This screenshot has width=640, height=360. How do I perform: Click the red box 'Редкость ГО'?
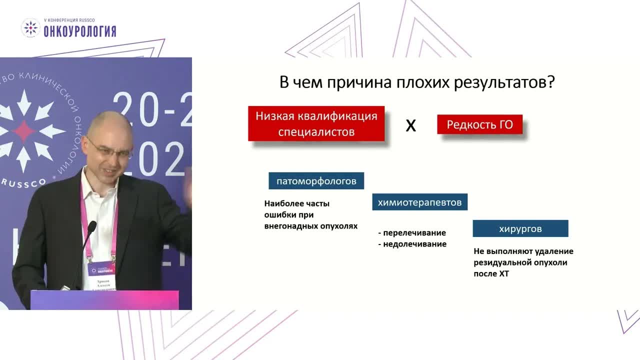tap(479, 124)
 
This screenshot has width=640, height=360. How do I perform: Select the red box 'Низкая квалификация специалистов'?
tap(316, 123)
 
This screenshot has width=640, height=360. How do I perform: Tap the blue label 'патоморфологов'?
tap(316, 181)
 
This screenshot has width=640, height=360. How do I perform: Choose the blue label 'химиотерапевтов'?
tap(419, 202)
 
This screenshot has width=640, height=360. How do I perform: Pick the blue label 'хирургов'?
tap(520, 229)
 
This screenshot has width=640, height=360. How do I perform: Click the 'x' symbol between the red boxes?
tap(410, 125)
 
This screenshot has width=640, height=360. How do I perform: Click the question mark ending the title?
tap(550, 82)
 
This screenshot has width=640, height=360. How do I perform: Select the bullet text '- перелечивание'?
tap(411, 233)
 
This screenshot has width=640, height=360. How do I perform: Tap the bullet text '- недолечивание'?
tap(412, 244)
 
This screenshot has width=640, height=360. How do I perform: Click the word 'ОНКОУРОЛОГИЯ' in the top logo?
tap(79, 32)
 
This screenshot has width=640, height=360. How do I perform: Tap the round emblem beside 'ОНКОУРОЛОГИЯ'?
tap(30, 28)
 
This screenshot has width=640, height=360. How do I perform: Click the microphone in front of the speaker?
tap(90, 228)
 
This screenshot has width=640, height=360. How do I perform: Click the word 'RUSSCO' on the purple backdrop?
tap(23, 183)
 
